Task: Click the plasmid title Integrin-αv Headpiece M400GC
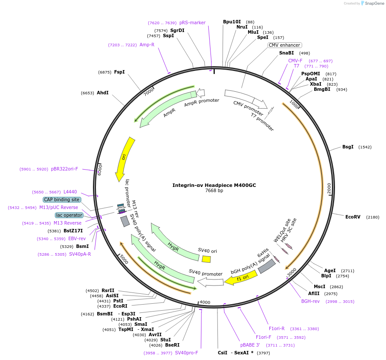[x=214, y=185]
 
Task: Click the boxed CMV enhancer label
[x=284, y=45]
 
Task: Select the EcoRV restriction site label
[x=353, y=217]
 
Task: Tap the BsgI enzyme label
[x=348, y=147]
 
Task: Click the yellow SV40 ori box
[x=206, y=259]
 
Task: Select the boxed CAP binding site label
[x=61, y=199]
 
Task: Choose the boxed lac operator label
[x=69, y=215]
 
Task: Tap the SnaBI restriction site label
[x=286, y=53]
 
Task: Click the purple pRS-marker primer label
[x=192, y=22]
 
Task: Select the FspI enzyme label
[x=119, y=72]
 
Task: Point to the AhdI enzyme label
[x=102, y=93]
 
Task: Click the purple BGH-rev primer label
[x=310, y=301]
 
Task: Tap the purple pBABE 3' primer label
[x=250, y=345]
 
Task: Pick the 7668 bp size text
[x=214, y=191]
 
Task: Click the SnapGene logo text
[x=374, y=3]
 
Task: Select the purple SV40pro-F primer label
[x=186, y=353]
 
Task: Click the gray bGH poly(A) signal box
[x=267, y=266]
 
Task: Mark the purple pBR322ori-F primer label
[x=64, y=169]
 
